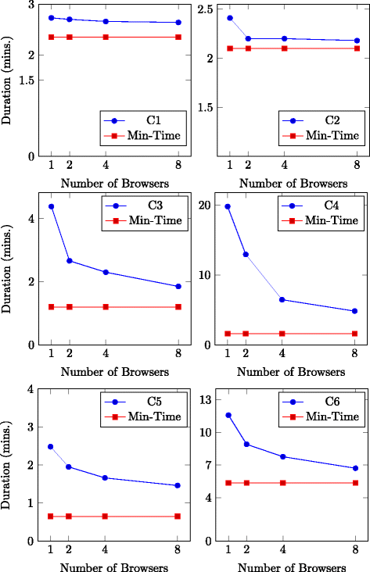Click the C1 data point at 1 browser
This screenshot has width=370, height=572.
click(x=51, y=18)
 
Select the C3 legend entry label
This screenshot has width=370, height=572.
click(x=154, y=205)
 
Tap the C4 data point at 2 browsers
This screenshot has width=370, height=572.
click(x=246, y=255)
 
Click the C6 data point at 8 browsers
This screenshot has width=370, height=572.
click(x=356, y=469)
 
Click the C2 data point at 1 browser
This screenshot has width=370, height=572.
click(x=229, y=18)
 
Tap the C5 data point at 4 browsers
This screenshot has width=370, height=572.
click(x=106, y=478)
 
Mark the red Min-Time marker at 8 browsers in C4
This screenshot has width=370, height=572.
click(x=356, y=334)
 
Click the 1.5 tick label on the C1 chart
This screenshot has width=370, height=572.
click(x=27, y=80)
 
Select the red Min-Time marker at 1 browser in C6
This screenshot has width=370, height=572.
click(x=228, y=483)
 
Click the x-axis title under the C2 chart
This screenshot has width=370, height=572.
click(x=293, y=184)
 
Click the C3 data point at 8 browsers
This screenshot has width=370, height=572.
click(x=178, y=287)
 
